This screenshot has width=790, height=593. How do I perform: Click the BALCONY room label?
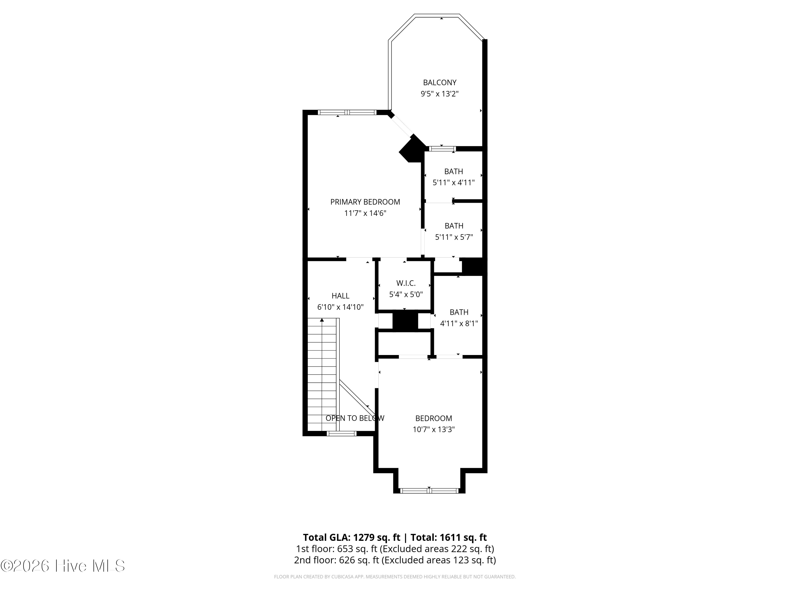(x=440, y=82)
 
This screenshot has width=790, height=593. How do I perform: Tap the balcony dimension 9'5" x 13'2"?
(x=440, y=94)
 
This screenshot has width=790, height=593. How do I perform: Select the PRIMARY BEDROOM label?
(x=365, y=202)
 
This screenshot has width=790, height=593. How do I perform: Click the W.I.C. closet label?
(x=406, y=283)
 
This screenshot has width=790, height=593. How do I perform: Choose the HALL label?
(x=340, y=296)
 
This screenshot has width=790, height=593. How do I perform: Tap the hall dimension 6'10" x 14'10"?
(x=340, y=307)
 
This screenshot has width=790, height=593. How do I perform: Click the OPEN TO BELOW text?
(x=355, y=418)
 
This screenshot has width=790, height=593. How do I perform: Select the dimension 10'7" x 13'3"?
(x=433, y=430)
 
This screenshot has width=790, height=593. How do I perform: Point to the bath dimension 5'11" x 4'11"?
(x=453, y=183)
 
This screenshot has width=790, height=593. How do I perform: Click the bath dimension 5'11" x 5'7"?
(x=454, y=237)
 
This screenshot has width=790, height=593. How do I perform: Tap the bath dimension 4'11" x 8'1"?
(x=459, y=323)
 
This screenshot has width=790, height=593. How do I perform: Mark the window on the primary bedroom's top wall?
(x=347, y=112)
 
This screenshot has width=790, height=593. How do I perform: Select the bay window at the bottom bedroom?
(x=429, y=491)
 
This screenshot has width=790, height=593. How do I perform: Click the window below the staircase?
(x=342, y=434)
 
